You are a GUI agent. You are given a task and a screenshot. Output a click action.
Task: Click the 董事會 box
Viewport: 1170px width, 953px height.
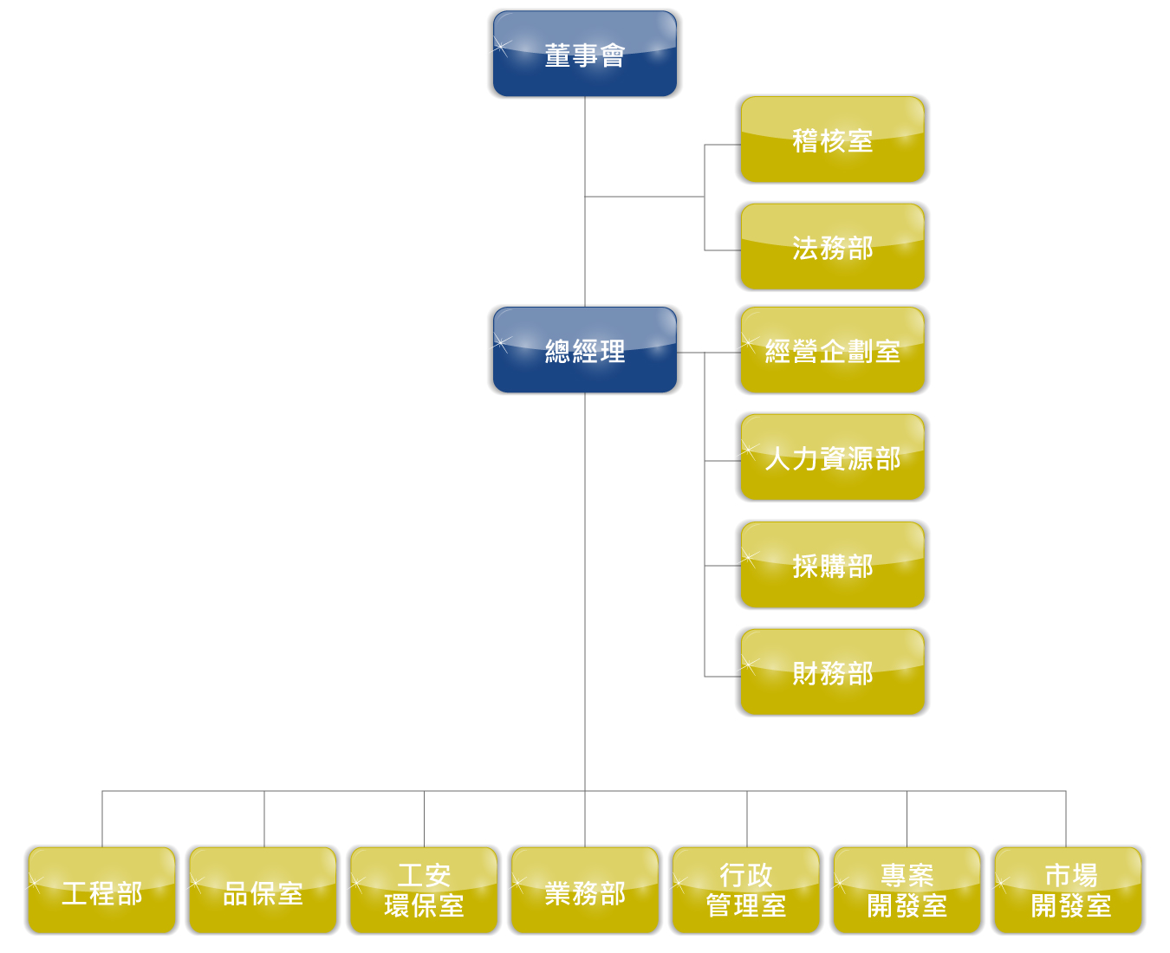pos(584,54)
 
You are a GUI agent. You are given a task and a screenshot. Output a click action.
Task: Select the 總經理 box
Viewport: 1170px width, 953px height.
pos(584,350)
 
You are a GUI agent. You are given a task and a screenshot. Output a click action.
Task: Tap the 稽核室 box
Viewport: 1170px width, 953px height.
pos(832,139)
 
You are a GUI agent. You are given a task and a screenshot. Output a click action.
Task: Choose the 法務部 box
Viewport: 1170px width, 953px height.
pos(832,247)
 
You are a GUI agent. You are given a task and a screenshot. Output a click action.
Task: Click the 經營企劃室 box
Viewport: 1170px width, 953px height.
pos(832,350)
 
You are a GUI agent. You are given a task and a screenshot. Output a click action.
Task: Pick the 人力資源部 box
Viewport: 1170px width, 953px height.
pos(832,457)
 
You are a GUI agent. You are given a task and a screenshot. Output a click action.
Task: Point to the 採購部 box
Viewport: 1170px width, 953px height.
pos(832,564)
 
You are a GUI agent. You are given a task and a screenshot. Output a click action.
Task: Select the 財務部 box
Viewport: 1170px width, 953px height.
pos(832,671)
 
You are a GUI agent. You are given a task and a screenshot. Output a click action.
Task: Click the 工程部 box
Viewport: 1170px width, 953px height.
pos(102,890)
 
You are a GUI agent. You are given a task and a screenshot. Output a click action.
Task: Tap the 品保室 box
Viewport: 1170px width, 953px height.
pos(263,890)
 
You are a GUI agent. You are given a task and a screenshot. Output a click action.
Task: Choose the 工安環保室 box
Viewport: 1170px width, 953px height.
pos(424,890)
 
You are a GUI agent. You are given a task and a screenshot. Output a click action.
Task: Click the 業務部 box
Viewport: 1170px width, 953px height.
pos(585,890)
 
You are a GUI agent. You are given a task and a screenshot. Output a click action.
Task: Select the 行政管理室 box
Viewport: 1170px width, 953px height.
pos(746,890)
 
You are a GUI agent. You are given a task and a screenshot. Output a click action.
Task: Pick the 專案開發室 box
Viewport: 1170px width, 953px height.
pos(907,890)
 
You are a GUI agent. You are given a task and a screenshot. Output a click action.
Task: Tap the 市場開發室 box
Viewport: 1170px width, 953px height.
pos(1068,890)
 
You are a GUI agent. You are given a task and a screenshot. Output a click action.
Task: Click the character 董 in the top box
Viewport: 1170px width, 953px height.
pos(557,55)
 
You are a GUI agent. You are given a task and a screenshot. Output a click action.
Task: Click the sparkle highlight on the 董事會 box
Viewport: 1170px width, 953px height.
pos(500,46)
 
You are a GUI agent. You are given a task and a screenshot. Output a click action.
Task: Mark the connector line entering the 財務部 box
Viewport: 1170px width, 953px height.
pos(723,677)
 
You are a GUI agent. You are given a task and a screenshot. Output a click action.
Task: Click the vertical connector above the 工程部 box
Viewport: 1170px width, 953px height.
pos(102,819)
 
